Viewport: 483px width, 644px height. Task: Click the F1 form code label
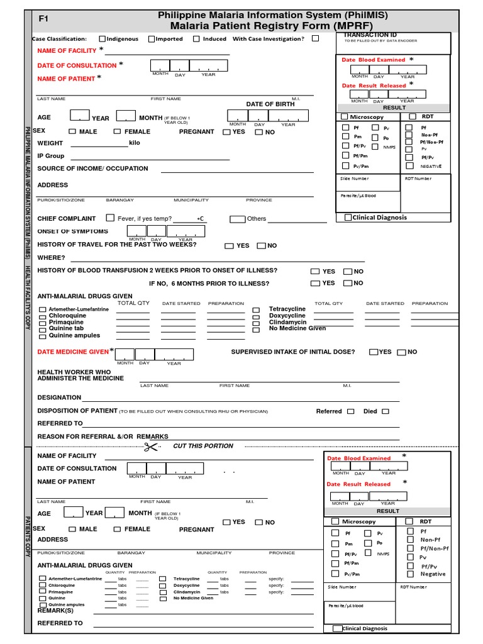pyautogui.click(x=43, y=19)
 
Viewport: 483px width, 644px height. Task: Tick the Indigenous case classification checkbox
pyautogui.click(x=102, y=39)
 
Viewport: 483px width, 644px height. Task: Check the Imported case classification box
pyautogui.click(x=152, y=39)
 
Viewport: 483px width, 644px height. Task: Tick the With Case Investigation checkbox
pyautogui.click(x=315, y=38)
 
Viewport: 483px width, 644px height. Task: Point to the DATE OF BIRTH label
pyautogui.click(x=270, y=104)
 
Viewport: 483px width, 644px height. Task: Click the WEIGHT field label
pyautogui.click(x=50, y=143)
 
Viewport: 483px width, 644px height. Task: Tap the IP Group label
pyautogui.click(x=51, y=156)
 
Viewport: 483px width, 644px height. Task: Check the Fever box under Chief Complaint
pyautogui.click(x=111, y=218)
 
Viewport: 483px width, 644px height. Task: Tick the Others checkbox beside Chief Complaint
pyautogui.click(x=237, y=219)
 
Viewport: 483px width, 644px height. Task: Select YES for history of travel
pyautogui.click(x=229, y=246)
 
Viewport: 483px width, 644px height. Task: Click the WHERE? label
pyautogui.click(x=51, y=258)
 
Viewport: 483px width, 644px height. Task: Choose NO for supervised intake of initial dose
pyautogui.click(x=401, y=352)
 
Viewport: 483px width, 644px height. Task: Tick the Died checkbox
pyautogui.click(x=386, y=411)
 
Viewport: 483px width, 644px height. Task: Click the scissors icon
pyautogui.click(x=151, y=447)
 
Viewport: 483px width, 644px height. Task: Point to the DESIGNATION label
pyautogui.click(x=59, y=397)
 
